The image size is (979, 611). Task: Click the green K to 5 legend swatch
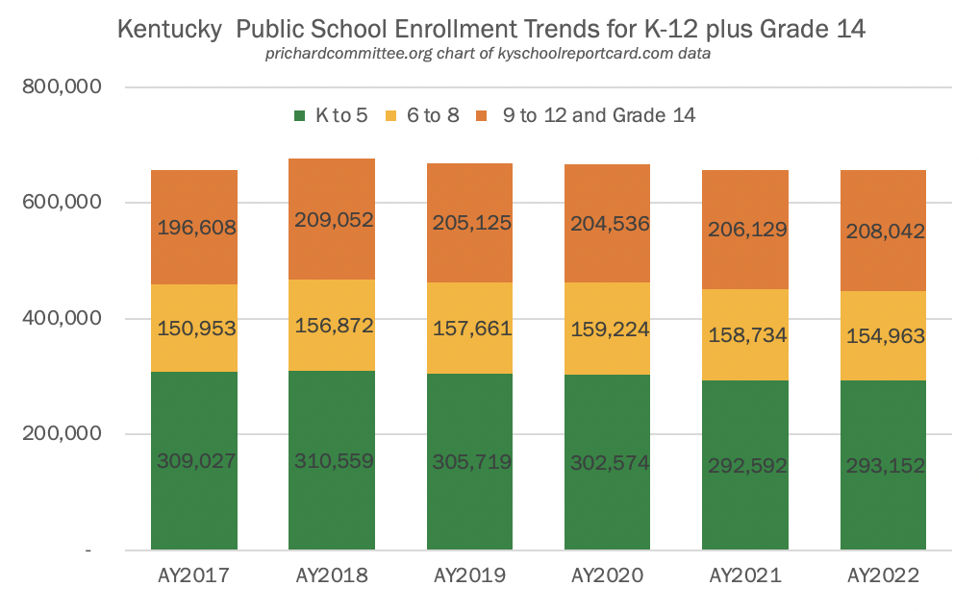click(299, 116)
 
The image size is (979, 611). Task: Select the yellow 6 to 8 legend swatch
click(391, 116)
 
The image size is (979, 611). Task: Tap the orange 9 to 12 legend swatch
click(482, 116)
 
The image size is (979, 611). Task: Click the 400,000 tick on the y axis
click(62, 318)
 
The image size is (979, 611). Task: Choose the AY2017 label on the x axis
click(193, 576)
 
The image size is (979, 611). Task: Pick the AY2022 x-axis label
click(883, 576)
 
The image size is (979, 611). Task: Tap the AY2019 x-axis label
click(469, 576)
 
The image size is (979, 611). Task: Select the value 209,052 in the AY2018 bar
click(332, 220)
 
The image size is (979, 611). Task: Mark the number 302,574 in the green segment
click(608, 462)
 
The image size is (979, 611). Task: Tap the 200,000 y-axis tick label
click(62, 433)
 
